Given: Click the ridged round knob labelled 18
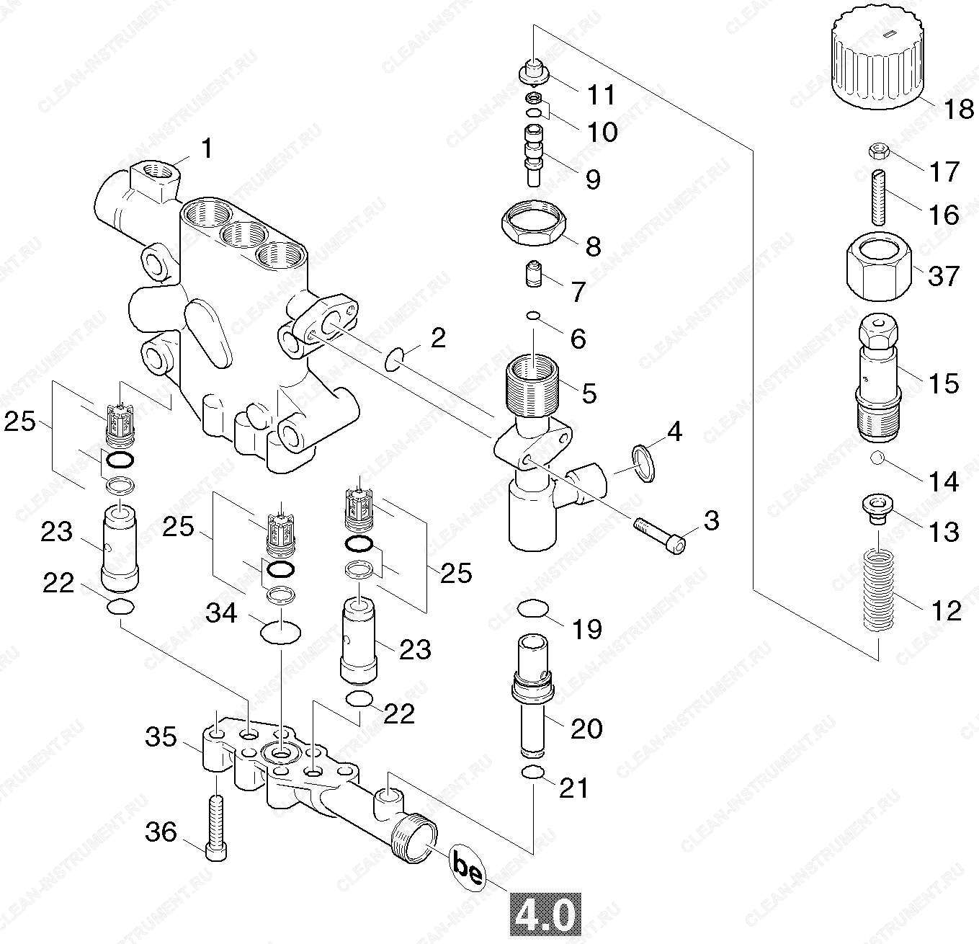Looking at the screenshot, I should (876, 61).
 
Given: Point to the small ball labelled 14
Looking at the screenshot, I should (877, 458).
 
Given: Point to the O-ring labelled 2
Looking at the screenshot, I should (393, 358).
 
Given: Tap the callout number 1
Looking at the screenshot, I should (207, 149).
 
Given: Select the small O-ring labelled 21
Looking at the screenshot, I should (532, 773).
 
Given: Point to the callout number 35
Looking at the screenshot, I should (161, 738).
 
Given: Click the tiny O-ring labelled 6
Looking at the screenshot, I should (533, 315).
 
